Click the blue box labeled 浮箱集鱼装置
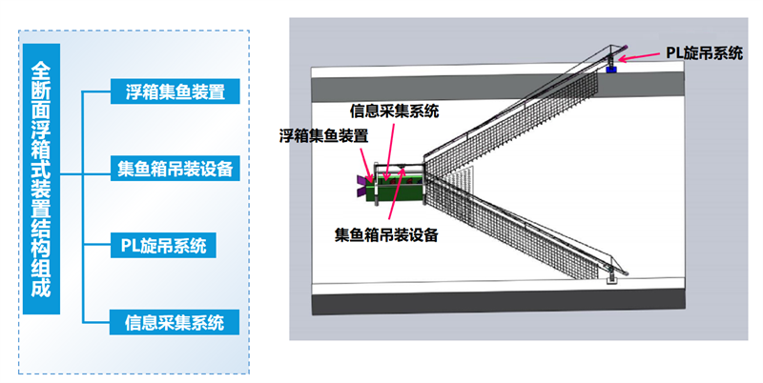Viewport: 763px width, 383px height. tap(175, 91)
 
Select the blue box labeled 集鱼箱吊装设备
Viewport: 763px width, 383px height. tap(175, 169)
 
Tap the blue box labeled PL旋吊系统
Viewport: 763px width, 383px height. tap(163, 246)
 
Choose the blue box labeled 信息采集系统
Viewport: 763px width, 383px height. tap(175, 322)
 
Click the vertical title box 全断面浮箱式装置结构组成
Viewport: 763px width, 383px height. tap(41, 179)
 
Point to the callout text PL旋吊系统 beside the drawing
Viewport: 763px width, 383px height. tap(704, 52)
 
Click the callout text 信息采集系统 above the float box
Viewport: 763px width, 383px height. tap(394, 111)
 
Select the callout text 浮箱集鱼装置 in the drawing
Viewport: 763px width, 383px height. tap(323, 135)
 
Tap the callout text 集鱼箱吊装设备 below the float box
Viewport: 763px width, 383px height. tap(386, 234)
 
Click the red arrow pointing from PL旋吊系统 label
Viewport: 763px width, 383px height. tap(640, 56)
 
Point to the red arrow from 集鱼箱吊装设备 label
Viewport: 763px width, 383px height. tap(396, 193)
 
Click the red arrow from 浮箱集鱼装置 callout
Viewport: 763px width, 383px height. tap(365, 165)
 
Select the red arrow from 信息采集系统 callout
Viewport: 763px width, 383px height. tap(389, 151)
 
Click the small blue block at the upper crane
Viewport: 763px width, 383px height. tap(611, 70)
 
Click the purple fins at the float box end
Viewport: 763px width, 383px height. tap(361, 186)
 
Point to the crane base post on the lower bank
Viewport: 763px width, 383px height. tap(610, 276)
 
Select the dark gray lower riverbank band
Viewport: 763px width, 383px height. tap(498, 301)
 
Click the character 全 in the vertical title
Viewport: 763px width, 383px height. tap(41, 68)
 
